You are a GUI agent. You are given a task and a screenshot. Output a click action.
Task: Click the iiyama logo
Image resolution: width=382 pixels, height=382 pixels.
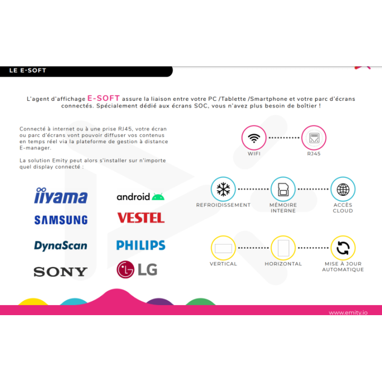(x=60, y=195)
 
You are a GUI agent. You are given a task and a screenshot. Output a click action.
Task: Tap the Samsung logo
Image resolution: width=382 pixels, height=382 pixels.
(x=61, y=220)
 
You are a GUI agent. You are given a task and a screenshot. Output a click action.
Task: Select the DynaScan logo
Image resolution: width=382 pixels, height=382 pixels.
(x=60, y=246)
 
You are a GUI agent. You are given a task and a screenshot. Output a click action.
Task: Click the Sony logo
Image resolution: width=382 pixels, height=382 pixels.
(x=60, y=272)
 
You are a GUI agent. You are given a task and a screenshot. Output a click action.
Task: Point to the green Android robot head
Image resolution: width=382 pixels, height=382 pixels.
(x=158, y=196)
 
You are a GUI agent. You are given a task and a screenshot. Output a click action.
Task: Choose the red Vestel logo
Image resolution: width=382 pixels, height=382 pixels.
(x=141, y=218)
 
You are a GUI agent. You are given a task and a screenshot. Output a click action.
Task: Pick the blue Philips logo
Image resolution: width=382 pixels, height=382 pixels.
(x=141, y=245)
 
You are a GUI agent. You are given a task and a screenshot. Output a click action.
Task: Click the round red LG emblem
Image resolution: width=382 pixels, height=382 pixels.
(x=125, y=270)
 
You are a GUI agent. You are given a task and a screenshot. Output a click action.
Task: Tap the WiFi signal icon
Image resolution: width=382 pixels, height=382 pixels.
(x=254, y=138)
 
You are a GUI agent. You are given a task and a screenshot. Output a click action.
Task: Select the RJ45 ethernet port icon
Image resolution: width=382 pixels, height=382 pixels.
(x=314, y=138)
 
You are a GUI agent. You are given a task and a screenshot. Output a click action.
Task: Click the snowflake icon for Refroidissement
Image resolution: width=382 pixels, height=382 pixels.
(x=223, y=189)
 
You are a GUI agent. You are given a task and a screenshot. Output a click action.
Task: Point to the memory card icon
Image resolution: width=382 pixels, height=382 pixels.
(x=283, y=189)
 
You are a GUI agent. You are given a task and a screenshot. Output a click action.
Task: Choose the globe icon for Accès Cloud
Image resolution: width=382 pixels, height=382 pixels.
(x=343, y=189)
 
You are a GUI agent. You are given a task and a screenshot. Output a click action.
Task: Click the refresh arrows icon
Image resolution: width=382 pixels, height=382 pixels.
(x=343, y=248)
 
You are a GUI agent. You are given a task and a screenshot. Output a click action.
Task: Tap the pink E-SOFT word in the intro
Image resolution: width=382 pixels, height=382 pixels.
(x=103, y=98)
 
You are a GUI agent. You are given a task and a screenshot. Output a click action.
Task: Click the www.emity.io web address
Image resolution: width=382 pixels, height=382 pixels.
(x=348, y=312)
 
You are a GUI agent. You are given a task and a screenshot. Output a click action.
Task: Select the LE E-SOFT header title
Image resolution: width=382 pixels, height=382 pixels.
(x=28, y=71)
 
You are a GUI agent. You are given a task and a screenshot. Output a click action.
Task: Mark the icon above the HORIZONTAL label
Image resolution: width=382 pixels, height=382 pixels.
(x=283, y=248)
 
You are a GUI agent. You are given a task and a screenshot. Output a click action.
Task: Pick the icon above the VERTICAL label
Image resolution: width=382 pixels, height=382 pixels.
(x=223, y=248)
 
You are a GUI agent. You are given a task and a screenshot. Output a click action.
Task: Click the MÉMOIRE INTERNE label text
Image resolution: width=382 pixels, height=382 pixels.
(x=283, y=208)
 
